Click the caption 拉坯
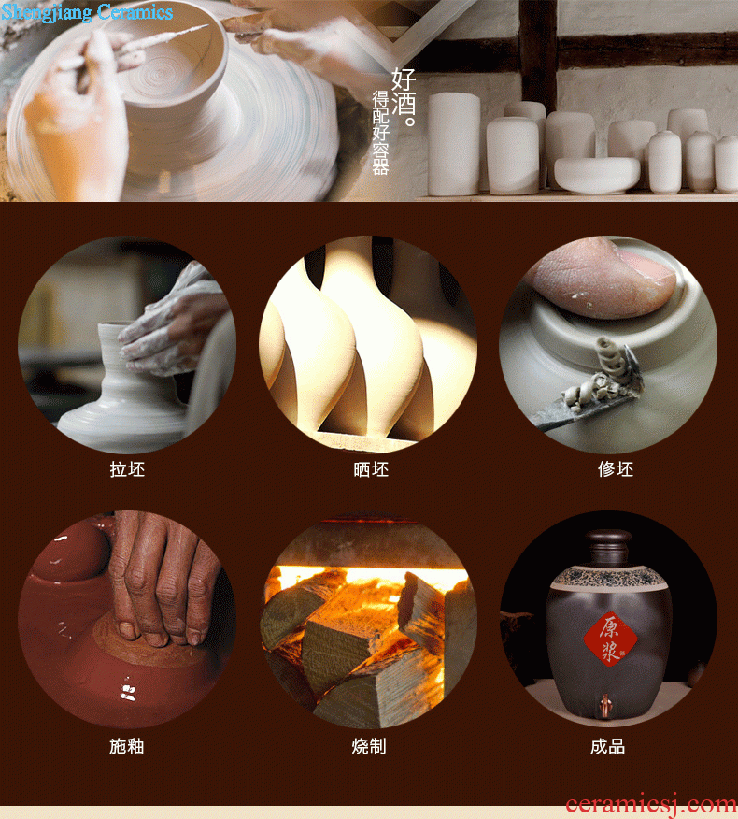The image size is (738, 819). coord(127,469)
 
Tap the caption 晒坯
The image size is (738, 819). coord(371,469)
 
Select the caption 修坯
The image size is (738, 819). coord(616,469)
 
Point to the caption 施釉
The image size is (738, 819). coord(127,746)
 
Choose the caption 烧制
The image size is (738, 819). coord(369,746)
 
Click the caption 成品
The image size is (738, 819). coord(607,746)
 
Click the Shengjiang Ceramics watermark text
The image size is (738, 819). coord(87,11)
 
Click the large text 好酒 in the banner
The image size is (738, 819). coord(404,92)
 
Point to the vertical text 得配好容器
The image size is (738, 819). coord(380,133)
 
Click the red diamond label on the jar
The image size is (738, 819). coord(610,639)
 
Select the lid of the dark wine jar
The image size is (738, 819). coord(608,547)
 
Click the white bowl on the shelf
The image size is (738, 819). coord(597,175)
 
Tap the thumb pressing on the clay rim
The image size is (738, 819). coord(602,277)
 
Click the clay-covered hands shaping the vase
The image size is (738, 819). coord(173,323)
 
